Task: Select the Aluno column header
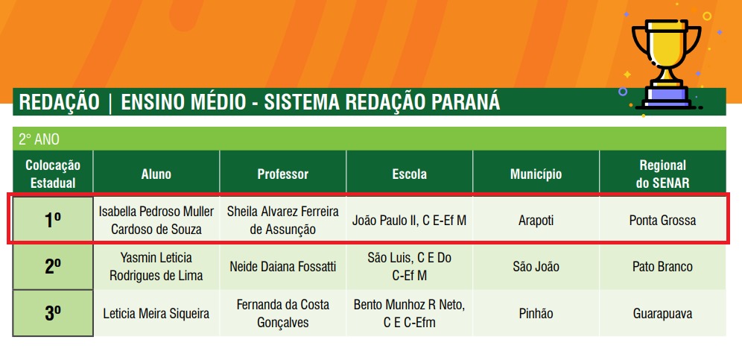156,174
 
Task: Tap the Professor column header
283,174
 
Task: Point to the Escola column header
409,174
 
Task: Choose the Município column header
536,174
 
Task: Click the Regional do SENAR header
662,174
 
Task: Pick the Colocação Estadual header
53,174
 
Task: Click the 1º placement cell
53,219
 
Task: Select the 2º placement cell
53,267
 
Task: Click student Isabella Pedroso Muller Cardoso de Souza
156,221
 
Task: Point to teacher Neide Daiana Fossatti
283,267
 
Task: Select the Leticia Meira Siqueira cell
156,314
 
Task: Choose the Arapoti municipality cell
536,221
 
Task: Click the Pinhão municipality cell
536,314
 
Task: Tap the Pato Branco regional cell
662,267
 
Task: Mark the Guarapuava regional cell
662,314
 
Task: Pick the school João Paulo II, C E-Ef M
409,221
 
